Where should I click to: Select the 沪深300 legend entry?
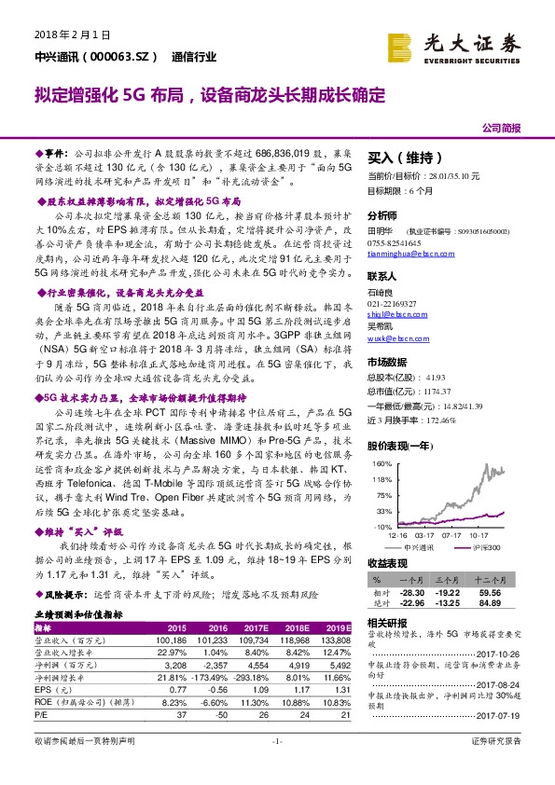(x=486, y=546)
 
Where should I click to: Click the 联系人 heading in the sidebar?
(x=382, y=277)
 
